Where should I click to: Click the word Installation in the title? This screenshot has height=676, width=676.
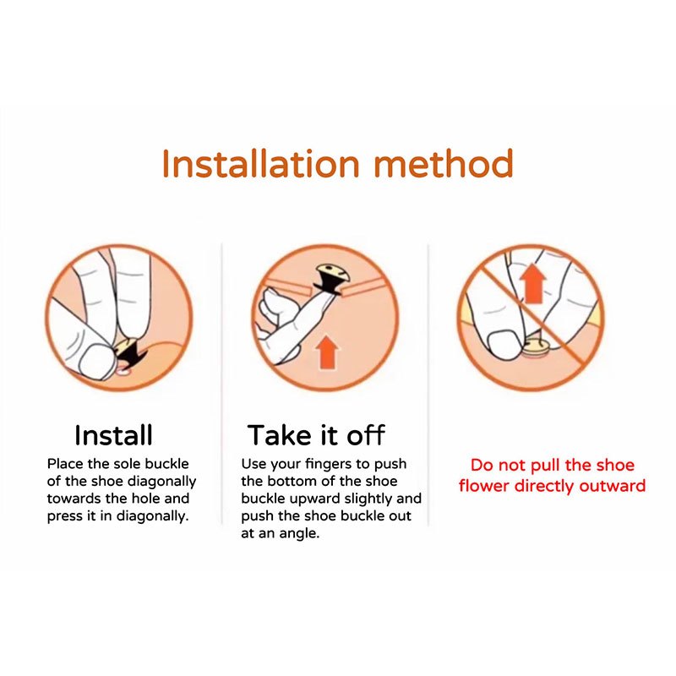[261, 163]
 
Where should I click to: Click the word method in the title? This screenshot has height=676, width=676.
[443, 163]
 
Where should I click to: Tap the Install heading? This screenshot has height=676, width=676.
[113, 435]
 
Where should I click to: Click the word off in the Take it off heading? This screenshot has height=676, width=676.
[366, 435]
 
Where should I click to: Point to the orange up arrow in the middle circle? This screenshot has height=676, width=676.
[327, 352]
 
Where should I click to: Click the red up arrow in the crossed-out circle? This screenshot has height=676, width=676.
[533, 284]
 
